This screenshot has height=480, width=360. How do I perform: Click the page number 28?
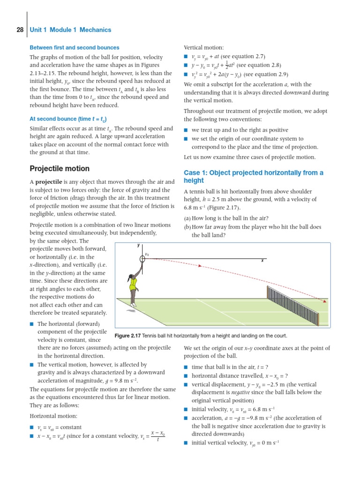(x=20, y=30)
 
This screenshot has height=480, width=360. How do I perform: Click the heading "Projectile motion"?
(x=60, y=168)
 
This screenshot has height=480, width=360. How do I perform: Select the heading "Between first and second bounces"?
(x=75, y=47)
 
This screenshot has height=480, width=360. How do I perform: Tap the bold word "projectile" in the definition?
(x=52, y=181)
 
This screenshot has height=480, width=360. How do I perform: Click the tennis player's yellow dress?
(x=134, y=282)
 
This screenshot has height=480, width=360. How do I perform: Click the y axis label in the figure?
(x=139, y=245)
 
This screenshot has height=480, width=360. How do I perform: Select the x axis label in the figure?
(x=262, y=261)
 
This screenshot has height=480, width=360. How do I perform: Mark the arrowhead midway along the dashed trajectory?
(x=200, y=266)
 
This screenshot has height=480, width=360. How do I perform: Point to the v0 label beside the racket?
(x=147, y=255)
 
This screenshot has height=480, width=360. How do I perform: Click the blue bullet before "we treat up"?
(x=186, y=130)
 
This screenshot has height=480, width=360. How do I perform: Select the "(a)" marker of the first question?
(x=187, y=218)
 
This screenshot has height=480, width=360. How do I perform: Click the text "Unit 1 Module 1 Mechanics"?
(x=70, y=30)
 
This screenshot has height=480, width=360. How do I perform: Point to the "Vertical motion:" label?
(x=203, y=47)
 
